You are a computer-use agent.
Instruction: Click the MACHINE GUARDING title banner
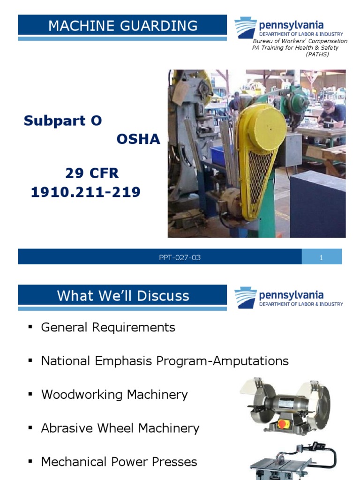[123, 26]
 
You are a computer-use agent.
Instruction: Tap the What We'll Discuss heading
[123, 296]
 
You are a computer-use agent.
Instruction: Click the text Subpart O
[63, 121]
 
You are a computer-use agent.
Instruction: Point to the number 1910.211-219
[85, 192]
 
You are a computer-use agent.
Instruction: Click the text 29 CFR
[92, 174]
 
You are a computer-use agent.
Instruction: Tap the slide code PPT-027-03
[180, 257]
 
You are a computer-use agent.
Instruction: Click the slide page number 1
[321, 257]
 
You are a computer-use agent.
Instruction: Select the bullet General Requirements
[108, 327]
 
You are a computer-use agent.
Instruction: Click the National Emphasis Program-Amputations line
[165, 361]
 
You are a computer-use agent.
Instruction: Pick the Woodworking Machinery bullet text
[114, 395]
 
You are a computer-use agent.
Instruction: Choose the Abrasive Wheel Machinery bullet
[120, 428]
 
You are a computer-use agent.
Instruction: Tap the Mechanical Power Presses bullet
[119, 462]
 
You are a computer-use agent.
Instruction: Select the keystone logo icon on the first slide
[245, 28]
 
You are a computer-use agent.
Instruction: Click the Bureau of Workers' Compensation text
[300, 41]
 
